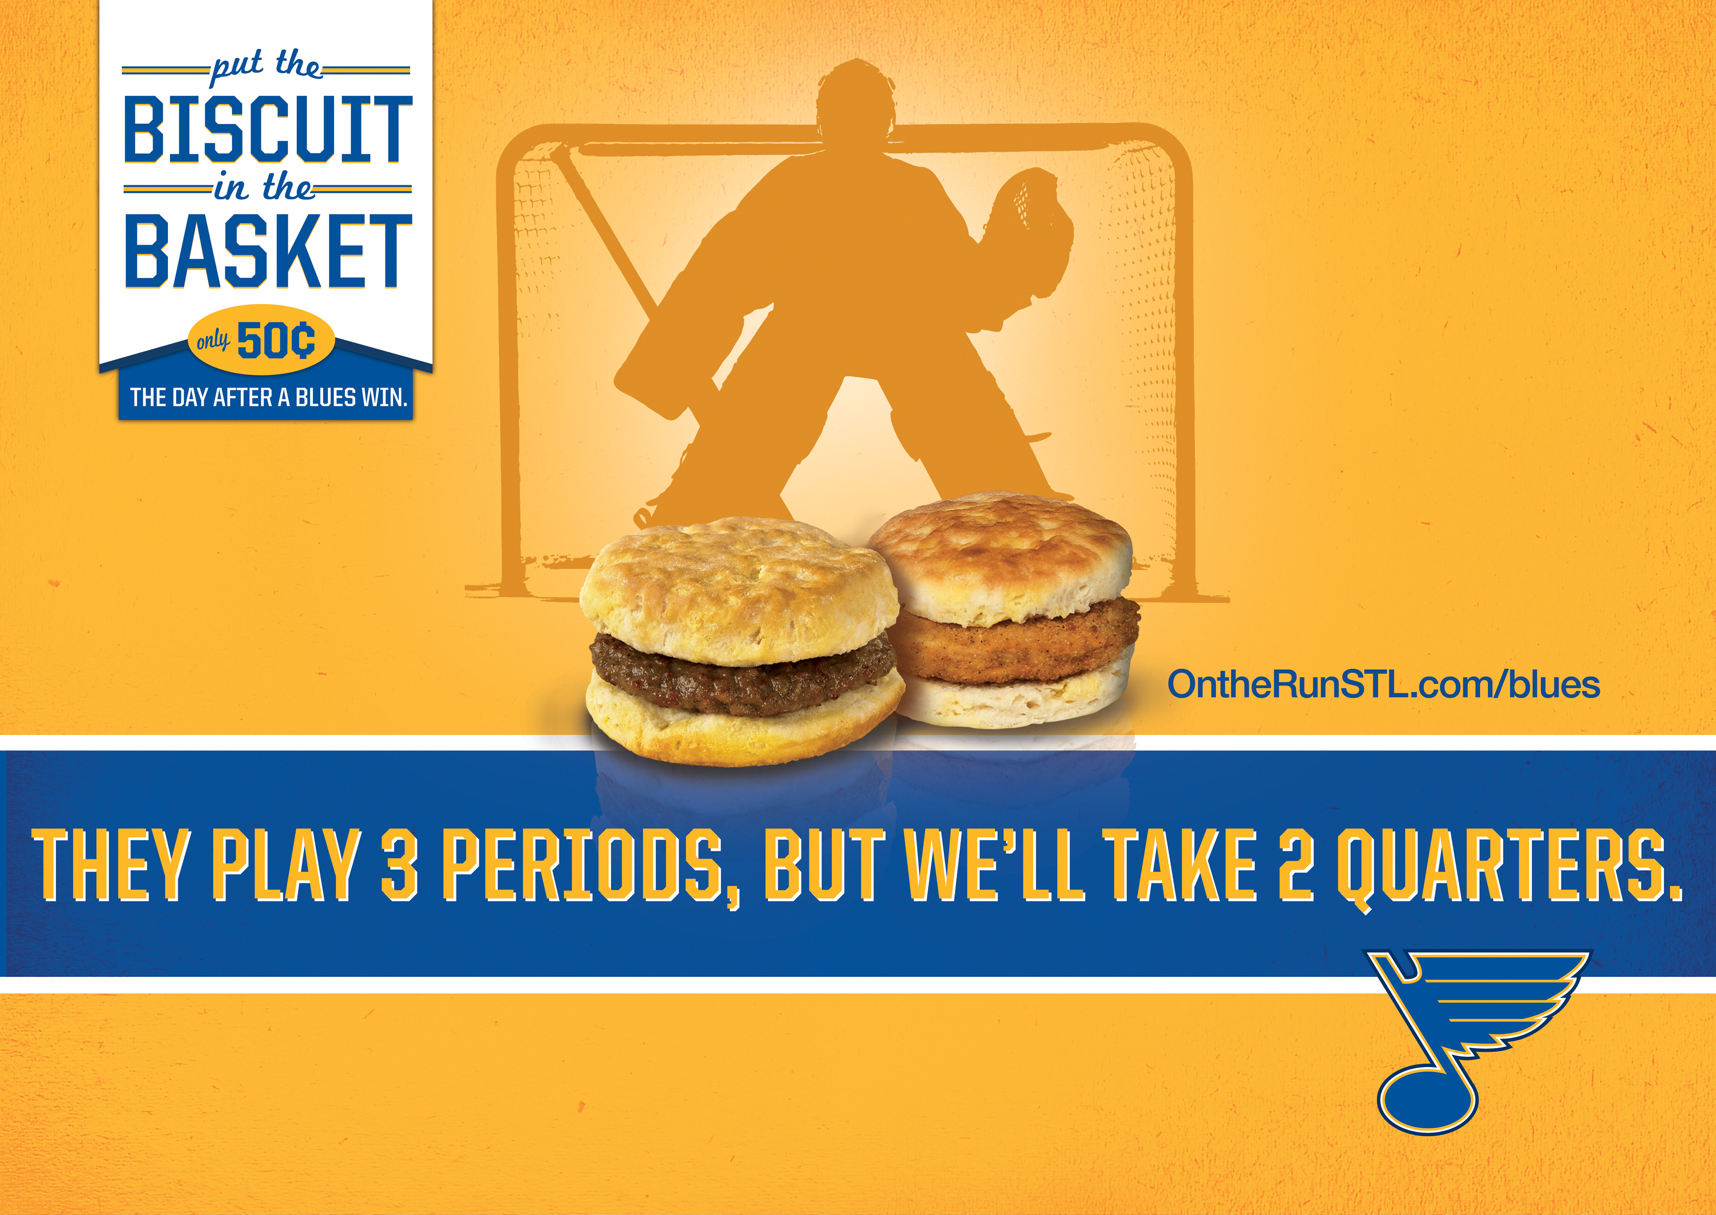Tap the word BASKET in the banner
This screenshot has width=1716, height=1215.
click(x=268, y=251)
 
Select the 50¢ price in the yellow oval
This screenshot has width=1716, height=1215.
click(x=275, y=341)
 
